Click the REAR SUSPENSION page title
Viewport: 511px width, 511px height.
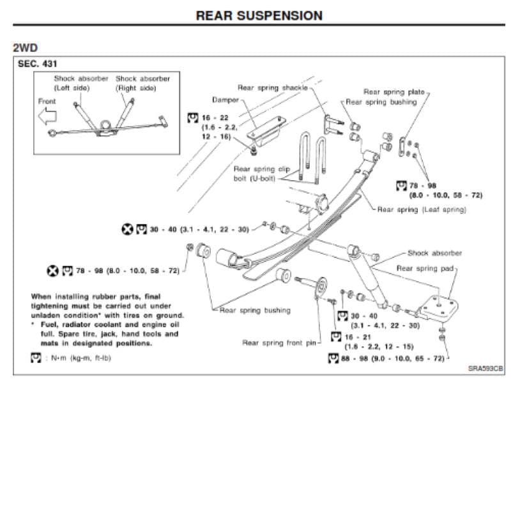click(259, 15)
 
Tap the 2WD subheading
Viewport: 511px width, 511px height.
click(25, 47)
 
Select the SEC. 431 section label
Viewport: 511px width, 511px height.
click(37, 63)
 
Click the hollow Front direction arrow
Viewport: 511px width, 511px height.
click(47, 116)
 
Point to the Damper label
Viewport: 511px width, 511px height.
click(225, 100)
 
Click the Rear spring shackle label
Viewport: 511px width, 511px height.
click(273, 88)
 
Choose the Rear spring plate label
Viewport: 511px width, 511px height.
click(394, 92)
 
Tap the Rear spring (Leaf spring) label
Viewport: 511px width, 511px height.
click(422, 210)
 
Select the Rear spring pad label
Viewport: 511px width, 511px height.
click(425, 268)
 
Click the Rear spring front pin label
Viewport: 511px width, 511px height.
click(279, 343)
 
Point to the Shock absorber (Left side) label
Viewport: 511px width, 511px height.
click(81, 83)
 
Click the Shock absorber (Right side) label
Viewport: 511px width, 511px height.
click(142, 83)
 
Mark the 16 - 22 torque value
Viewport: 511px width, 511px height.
click(215, 118)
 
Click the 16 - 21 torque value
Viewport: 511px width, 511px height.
click(358, 337)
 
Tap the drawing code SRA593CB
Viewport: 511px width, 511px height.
click(485, 369)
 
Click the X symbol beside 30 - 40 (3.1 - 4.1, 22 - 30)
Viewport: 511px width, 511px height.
click(127, 229)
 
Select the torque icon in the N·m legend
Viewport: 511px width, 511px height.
click(36, 358)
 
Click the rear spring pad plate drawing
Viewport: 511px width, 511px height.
click(438, 307)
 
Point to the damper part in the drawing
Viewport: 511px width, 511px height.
click(266, 131)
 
